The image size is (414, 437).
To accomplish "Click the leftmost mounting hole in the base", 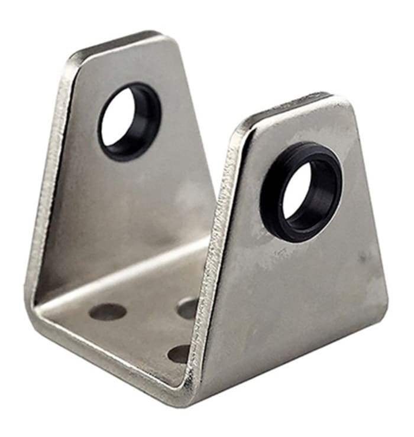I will [x=108, y=312].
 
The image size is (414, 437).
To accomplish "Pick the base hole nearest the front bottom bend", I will [x=179, y=353].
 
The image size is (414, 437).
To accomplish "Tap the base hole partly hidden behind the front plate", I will [x=188, y=307].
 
